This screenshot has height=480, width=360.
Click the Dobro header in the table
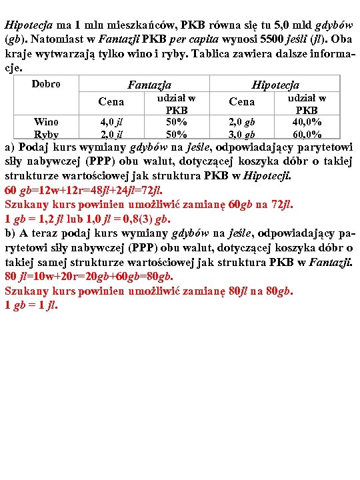pyautogui.click(x=45, y=84)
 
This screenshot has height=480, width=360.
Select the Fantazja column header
pyautogui.click(x=149, y=85)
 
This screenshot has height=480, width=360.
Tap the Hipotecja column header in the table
pyautogui.click(x=275, y=85)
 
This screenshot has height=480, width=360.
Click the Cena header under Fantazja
pyautogui.click(x=111, y=102)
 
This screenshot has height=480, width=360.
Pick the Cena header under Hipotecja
pyautogui.click(x=241, y=102)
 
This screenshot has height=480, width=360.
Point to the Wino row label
pyautogui.click(x=45, y=121)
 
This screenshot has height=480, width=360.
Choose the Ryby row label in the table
pyautogui.click(x=45, y=134)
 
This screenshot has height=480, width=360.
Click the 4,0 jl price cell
pyautogui.click(x=111, y=122)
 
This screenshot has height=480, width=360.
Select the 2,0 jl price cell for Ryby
pyautogui.click(x=111, y=134)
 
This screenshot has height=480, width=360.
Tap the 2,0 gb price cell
pyautogui.click(x=241, y=122)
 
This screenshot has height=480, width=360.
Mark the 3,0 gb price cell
pyautogui.click(x=241, y=134)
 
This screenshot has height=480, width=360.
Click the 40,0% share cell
pyautogui.click(x=307, y=122)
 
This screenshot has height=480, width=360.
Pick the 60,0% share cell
pyautogui.click(x=307, y=134)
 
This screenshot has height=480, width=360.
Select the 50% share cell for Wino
pyautogui.click(x=176, y=122)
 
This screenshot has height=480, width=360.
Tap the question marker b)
pyautogui.click(x=10, y=233)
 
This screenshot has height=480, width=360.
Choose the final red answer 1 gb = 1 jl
pyautogui.click(x=31, y=305)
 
